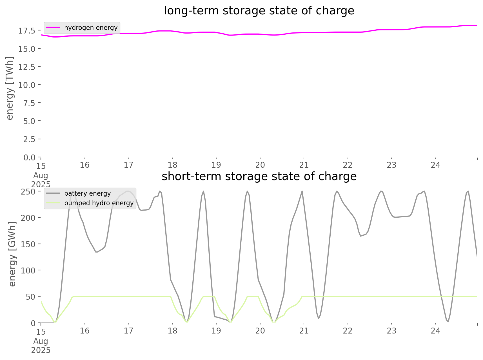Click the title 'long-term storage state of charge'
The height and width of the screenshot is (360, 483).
pyautogui.click(x=259, y=11)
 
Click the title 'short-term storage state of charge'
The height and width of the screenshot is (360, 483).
pyautogui.click(x=259, y=176)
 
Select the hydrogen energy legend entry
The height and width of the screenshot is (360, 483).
pyautogui.click(x=91, y=28)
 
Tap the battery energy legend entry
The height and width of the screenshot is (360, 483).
pyautogui.click(x=87, y=193)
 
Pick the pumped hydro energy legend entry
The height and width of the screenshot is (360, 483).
pyautogui.click(x=99, y=203)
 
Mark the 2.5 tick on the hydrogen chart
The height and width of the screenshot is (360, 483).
pyautogui.click(x=29, y=139)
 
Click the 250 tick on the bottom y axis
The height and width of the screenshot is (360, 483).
pyautogui.click(x=28, y=192)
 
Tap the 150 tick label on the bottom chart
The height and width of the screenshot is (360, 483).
pyautogui.click(x=28, y=244)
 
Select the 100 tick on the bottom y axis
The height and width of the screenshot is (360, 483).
pyautogui.click(x=28, y=270)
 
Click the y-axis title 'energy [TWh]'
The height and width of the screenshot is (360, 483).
pyautogui.click(x=10, y=88)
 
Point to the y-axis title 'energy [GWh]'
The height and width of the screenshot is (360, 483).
pyautogui.click(x=12, y=254)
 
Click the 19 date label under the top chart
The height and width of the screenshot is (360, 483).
pyautogui.click(x=216, y=165)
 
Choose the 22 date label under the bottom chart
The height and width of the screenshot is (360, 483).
pyautogui.click(x=348, y=331)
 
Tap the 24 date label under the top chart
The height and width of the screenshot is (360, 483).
pyautogui.click(x=435, y=165)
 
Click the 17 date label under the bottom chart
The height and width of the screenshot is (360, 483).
pyautogui.click(x=129, y=331)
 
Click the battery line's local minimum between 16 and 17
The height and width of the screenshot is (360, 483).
pyautogui.click(x=96, y=252)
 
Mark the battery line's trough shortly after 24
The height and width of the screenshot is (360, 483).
pyautogui.click(x=448, y=321)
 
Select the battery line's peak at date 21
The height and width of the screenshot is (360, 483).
pyautogui.click(x=302, y=191)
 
